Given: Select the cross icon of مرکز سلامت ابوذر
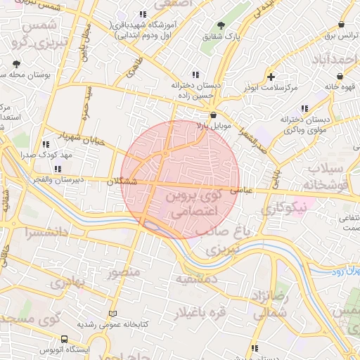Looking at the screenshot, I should (x=271, y=77).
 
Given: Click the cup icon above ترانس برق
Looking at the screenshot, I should (x=342, y=23).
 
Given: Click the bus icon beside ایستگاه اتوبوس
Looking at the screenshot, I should (x=65, y=338).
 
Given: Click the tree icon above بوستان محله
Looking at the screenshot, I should (x=15, y=64).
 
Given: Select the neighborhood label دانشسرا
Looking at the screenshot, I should (x=44, y=231).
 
